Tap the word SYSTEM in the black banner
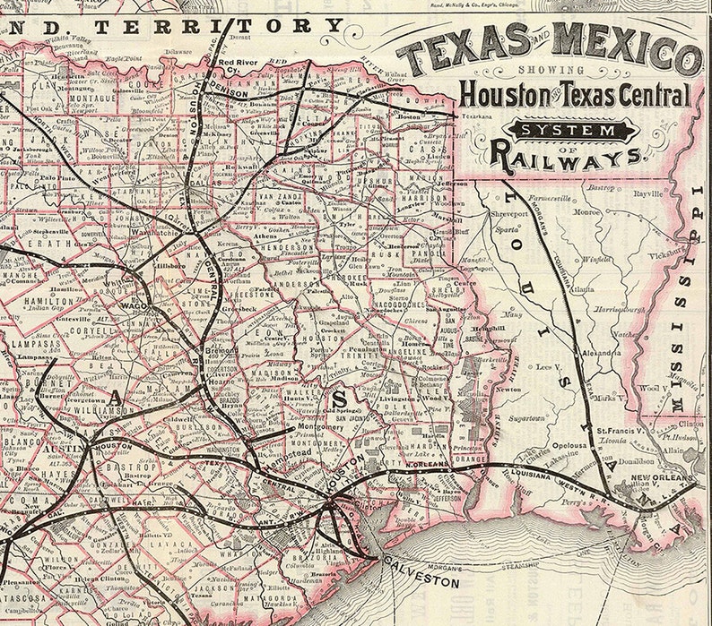[570, 132]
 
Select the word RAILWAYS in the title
[566, 158]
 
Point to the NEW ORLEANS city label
[662, 479]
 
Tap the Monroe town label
[587, 212]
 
